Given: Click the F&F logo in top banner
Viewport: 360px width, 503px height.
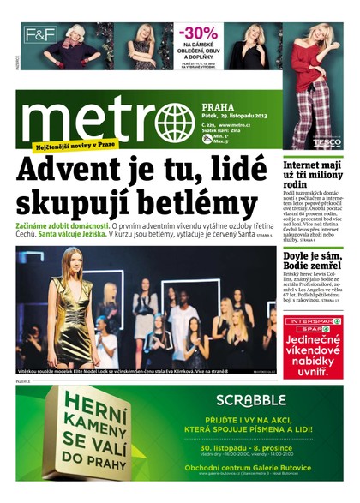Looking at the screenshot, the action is [x=39, y=35].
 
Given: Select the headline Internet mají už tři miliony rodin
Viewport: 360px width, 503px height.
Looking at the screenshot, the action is [x=312, y=175].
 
